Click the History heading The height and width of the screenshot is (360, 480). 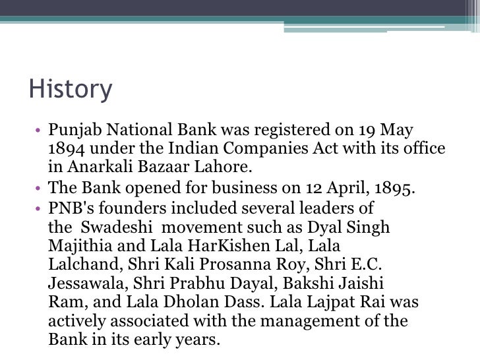[71, 90]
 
